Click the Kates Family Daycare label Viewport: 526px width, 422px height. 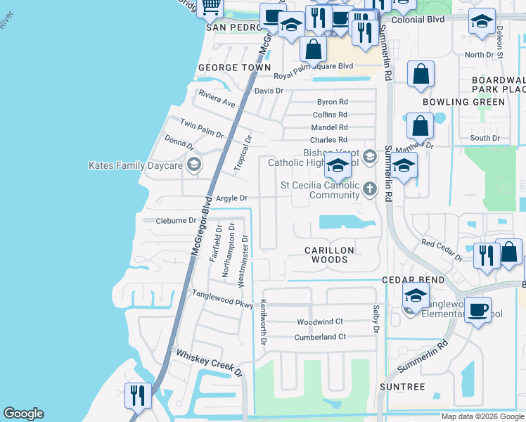pyautogui.click(x=135, y=166)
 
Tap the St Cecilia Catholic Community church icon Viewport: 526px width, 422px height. pyautogui.click(x=369, y=188)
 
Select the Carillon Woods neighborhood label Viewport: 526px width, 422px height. pyautogui.click(x=329, y=255)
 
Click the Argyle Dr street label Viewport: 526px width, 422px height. pyautogui.click(x=231, y=198)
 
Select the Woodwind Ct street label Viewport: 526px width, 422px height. pyautogui.click(x=320, y=321)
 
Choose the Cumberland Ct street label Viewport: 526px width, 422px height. pyautogui.click(x=321, y=337)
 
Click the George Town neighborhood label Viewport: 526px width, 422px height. pyautogui.click(x=234, y=68)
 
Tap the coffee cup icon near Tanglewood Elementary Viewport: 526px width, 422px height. pyautogui.click(x=477, y=309)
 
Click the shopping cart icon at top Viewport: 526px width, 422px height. pyautogui.click(x=210, y=6)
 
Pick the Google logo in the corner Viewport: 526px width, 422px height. pyautogui.click(x=23, y=414)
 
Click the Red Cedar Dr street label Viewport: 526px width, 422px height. pyautogui.click(x=442, y=249)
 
